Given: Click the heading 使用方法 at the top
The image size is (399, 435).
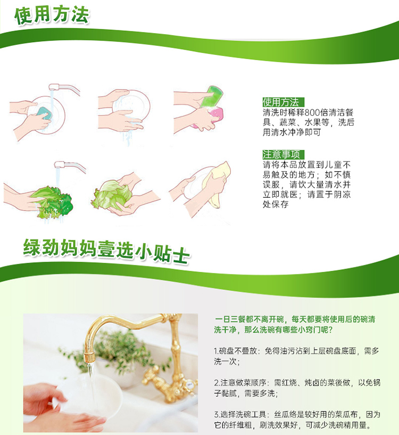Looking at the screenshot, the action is point(52,15).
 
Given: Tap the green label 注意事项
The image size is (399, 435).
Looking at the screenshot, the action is point(283,154).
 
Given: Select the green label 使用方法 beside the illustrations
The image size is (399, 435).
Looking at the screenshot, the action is point(283,102).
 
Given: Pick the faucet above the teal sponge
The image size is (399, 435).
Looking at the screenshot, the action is point(64,89).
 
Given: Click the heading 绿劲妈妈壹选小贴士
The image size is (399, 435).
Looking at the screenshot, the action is point(106,251).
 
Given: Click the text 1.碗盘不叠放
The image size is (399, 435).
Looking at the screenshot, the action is point(235,351).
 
